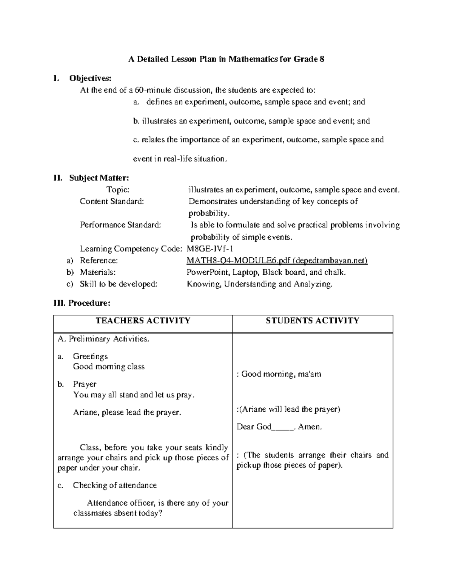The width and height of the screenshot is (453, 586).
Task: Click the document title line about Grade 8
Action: point(226,59)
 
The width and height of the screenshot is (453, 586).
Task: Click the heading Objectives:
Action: point(90,78)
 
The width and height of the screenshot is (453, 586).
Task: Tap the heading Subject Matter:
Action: point(99,178)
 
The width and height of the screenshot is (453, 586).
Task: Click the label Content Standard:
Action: point(112,201)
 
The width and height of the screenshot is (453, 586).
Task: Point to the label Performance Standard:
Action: point(120,225)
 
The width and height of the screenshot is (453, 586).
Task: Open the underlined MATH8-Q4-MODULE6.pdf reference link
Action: point(277,260)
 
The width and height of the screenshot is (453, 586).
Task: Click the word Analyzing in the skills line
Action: point(313,284)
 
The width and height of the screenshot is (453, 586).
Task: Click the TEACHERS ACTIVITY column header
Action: point(143,321)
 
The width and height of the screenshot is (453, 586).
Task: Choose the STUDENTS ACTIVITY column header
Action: point(312,321)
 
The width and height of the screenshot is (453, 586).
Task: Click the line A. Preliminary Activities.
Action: point(103,339)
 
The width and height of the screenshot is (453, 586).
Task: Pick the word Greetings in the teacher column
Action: point(90,356)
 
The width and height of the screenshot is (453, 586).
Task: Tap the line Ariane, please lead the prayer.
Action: point(127,412)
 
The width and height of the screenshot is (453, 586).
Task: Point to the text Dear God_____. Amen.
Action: point(279,427)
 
